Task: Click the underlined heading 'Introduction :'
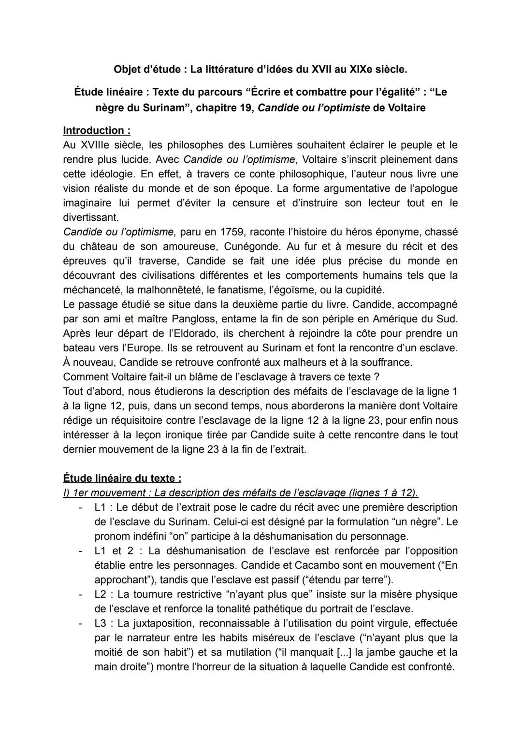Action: coord(97,130)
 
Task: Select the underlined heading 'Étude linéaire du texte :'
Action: coord(122,478)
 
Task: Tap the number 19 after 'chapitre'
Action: coord(245,107)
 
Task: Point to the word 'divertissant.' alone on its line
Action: coord(90,217)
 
